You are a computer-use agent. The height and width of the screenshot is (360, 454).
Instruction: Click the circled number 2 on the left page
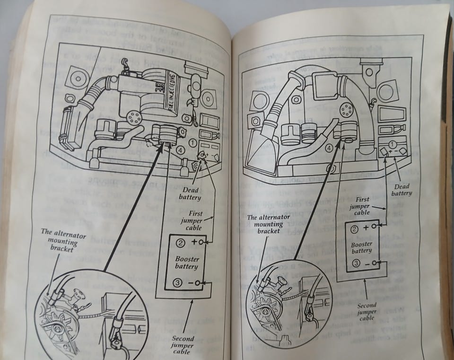(x=180, y=244)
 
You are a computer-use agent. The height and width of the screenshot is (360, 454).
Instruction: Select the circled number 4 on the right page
(x=329, y=148)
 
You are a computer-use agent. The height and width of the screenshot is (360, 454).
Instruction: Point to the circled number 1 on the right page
(x=393, y=143)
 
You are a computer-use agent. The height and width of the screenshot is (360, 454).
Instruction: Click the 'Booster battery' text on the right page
(x=361, y=246)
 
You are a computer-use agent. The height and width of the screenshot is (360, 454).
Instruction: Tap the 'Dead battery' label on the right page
(x=402, y=189)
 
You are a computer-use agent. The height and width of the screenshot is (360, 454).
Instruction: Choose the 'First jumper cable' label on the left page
(x=192, y=221)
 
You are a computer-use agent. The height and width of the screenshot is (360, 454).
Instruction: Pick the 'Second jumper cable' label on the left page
(x=183, y=346)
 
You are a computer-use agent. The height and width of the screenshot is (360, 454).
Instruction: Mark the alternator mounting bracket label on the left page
(x=60, y=240)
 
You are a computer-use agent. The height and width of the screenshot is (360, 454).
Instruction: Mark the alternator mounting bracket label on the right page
(x=266, y=224)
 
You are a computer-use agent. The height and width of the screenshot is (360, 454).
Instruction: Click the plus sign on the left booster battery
(x=194, y=242)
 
